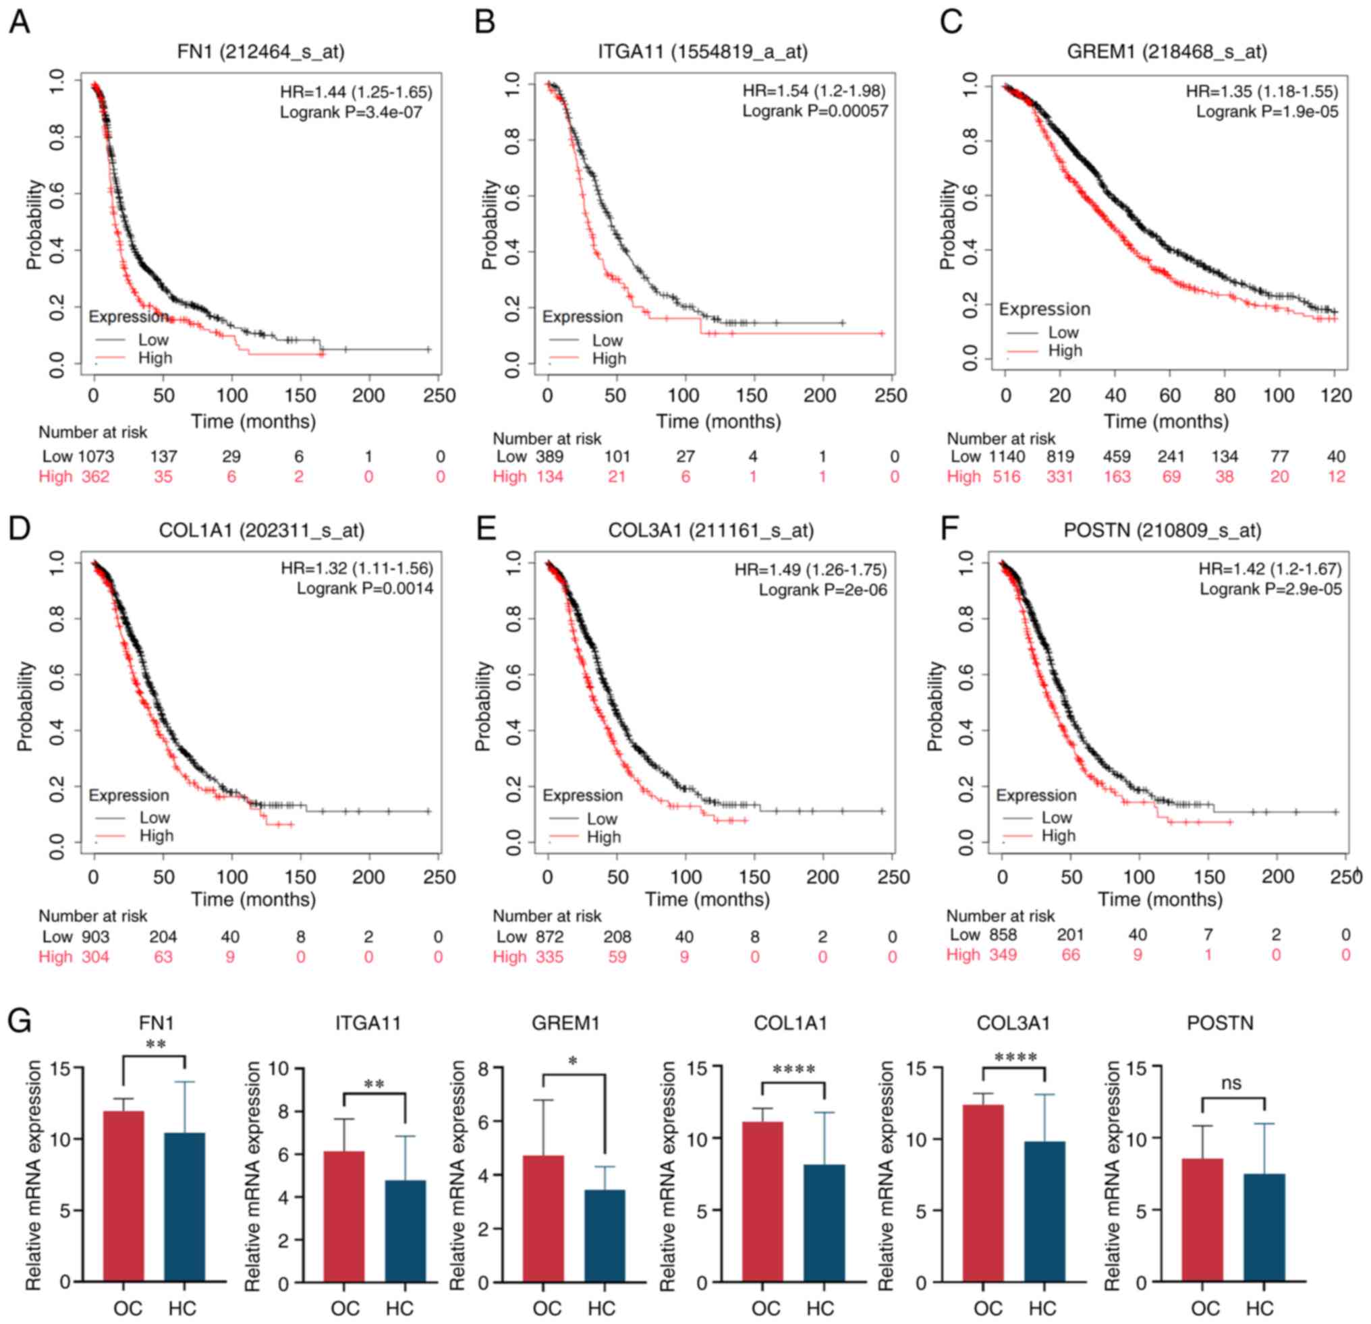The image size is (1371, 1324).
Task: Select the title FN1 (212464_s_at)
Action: pyautogui.click(x=260, y=52)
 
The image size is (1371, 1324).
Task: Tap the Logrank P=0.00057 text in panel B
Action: pyautogui.click(x=815, y=111)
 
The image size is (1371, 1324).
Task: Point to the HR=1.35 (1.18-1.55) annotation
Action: pyautogui.click(x=1261, y=92)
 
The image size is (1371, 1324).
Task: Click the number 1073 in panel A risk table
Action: pyautogui.click(x=96, y=457)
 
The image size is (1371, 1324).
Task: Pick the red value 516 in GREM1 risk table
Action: pyautogui.click(x=1007, y=477)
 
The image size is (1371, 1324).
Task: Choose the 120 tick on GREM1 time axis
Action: pyautogui.click(x=1335, y=395)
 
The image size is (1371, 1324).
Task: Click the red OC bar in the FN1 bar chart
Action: pyautogui.click(x=124, y=1195)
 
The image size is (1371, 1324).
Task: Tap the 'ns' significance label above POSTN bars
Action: pyautogui.click(x=1231, y=1083)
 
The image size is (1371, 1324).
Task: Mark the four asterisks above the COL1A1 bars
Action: pyautogui.click(x=794, y=1070)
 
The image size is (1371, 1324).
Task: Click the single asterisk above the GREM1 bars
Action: pyautogui.click(x=573, y=1062)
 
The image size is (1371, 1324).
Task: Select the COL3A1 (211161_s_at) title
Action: pyautogui.click(x=710, y=531)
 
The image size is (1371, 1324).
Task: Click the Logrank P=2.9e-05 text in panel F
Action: pyautogui.click(x=1270, y=589)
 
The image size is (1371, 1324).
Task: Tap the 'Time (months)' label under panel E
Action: pyautogui.click(x=706, y=900)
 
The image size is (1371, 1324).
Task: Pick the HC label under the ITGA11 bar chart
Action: pyautogui.click(x=399, y=1308)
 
